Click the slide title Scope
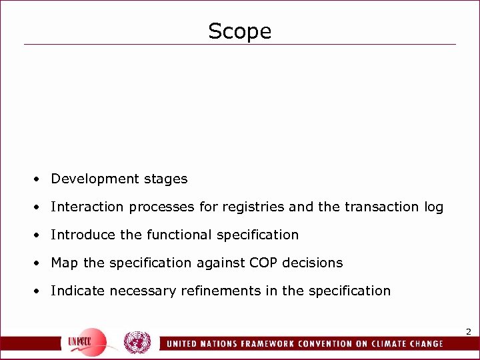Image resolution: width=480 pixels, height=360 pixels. [x=240, y=31]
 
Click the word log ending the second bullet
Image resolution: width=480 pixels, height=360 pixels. [x=433, y=207]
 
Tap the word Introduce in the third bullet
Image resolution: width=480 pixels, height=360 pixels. [x=78, y=235]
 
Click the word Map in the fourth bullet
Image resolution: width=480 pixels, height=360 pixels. [x=64, y=263]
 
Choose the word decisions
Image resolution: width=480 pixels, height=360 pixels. [x=313, y=263]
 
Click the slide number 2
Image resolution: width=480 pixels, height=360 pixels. [x=468, y=331]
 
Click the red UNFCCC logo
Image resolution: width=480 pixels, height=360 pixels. [x=87, y=341]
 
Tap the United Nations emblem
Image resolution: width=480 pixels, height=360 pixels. [x=137, y=343]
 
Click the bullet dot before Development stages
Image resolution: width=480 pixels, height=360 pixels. [x=41, y=179]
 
